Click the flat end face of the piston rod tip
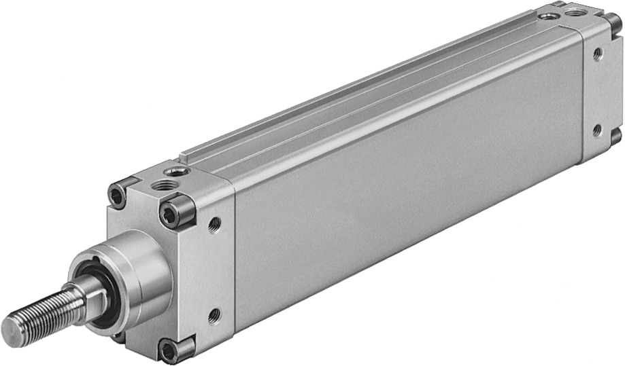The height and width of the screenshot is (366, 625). [x=13, y=331]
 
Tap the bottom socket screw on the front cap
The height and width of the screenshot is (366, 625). [x=167, y=350]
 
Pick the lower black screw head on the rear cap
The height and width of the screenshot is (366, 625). [x=616, y=136]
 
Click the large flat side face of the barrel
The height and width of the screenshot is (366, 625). [x=408, y=197]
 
